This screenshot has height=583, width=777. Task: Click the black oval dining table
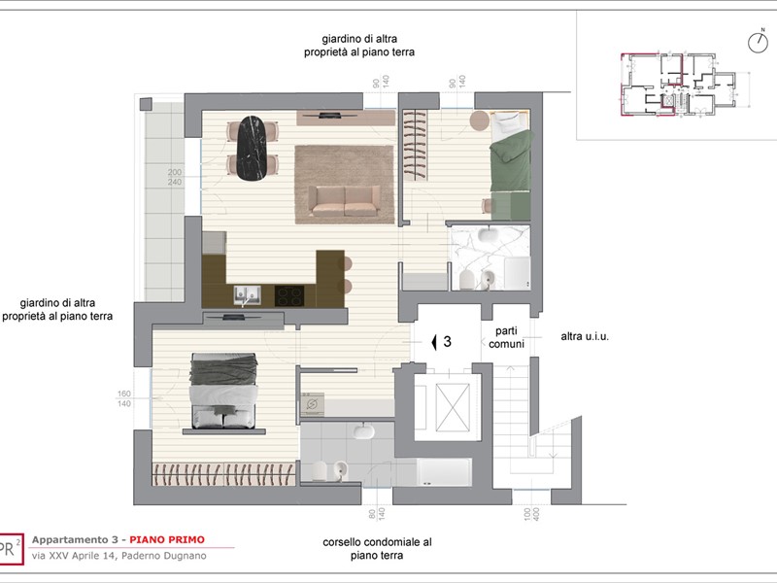coord(252,148)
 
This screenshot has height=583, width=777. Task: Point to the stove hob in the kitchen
coord(288,292)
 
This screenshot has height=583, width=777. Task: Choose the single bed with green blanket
coord(509,165)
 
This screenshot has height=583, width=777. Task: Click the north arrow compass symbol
coord(756,42)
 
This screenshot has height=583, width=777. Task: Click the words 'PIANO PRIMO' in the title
coord(167,539)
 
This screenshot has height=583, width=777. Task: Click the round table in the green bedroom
coord(480,120)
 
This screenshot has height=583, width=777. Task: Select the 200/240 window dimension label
coord(175,177)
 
